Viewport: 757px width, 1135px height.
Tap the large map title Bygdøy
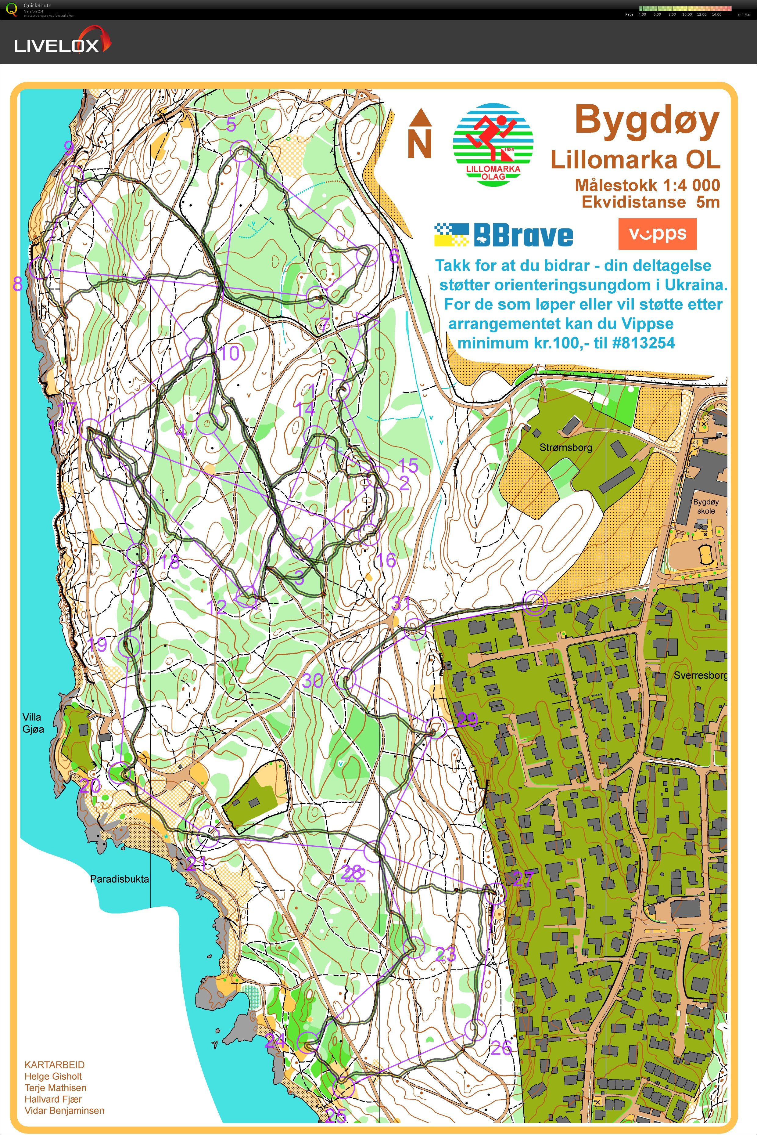(647, 121)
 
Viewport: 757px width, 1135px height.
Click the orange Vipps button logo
(657, 234)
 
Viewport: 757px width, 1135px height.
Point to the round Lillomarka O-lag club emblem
(493, 144)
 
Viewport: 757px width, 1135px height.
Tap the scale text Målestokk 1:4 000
(647, 185)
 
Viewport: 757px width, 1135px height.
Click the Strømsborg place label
(565, 447)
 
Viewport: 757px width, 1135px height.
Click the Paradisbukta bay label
(119, 879)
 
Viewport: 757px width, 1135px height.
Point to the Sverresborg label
(700, 675)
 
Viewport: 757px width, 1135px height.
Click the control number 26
(501, 1048)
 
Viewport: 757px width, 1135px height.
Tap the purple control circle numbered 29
(436, 727)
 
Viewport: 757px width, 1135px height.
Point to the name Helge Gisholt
(53, 1076)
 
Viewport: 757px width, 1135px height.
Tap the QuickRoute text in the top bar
(37, 5)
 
